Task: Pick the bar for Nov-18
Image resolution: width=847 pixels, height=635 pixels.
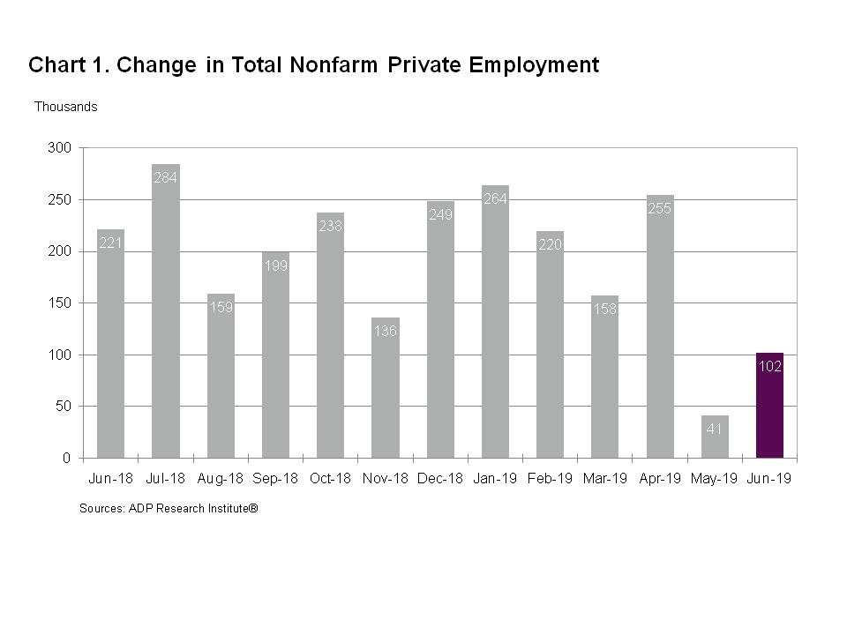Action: point(386,397)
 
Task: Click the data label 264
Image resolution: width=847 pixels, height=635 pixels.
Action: point(495,198)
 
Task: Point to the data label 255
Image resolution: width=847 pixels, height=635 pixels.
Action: point(660,208)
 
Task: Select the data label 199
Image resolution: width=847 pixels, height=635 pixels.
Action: point(275,265)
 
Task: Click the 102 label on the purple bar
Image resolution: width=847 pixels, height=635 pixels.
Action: point(769,366)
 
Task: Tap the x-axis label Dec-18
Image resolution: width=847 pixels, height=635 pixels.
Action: point(439,479)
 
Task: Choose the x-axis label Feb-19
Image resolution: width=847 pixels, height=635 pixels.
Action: point(550,479)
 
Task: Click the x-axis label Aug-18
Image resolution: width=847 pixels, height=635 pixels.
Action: point(220,479)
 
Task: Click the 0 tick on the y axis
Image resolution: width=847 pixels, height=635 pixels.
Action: point(66,458)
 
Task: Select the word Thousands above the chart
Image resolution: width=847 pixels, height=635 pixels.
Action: point(65,107)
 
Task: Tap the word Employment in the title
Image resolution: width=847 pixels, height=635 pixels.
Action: point(541,65)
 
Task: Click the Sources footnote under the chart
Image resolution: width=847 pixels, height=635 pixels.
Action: point(168,509)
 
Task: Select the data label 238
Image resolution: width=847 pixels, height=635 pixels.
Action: point(330,226)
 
